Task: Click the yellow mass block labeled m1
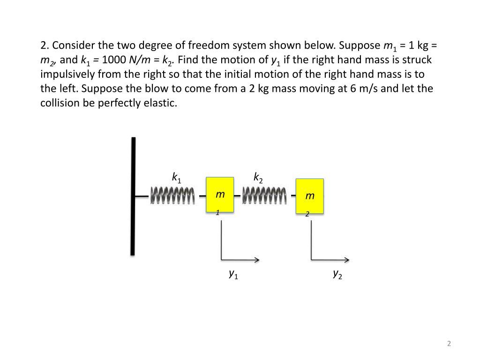[x=220, y=195]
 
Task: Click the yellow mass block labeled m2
[x=309, y=197]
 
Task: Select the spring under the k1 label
[x=172, y=195]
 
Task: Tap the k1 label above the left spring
[x=176, y=178]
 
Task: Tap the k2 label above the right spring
[x=258, y=178]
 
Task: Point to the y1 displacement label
[x=233, y=274]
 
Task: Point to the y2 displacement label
[x=337, y=274]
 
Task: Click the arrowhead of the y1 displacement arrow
[x=257, y=259]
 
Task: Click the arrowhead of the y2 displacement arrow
[x=347, y=259]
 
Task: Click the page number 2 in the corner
[x=449, y=344]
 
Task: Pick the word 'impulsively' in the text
[x=64, y=75]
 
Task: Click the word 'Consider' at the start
[x=72, y=45]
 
